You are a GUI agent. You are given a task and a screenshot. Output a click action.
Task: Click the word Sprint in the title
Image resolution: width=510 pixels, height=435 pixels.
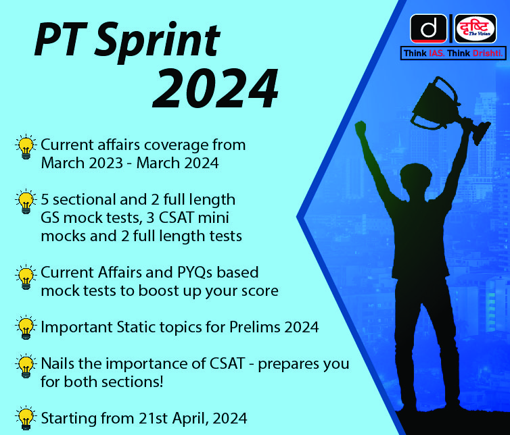158,42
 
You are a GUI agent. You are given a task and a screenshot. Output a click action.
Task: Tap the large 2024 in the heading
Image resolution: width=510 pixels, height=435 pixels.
215,88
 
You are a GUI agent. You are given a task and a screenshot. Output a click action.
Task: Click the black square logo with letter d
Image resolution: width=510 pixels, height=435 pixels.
428,28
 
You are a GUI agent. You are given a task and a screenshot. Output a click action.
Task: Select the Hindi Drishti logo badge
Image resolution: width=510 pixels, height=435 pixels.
476,28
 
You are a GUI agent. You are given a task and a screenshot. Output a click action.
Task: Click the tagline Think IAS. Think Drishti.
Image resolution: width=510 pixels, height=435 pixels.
453,53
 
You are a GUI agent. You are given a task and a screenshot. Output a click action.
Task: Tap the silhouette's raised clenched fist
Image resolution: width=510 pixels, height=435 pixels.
361,128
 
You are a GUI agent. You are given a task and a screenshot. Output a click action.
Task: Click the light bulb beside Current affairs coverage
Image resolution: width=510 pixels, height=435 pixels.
26,147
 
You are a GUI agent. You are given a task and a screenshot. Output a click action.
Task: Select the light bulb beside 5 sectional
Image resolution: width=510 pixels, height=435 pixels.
26,201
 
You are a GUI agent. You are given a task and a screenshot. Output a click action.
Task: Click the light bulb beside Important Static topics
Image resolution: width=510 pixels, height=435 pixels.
26,327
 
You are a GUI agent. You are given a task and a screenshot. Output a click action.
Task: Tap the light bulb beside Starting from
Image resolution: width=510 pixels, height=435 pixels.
26,418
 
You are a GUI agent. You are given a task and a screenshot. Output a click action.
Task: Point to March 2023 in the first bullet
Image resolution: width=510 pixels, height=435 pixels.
82,163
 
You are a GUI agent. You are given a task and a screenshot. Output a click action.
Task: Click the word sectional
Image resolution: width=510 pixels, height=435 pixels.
85,199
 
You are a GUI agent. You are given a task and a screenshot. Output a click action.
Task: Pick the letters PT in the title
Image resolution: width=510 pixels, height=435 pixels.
60,39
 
